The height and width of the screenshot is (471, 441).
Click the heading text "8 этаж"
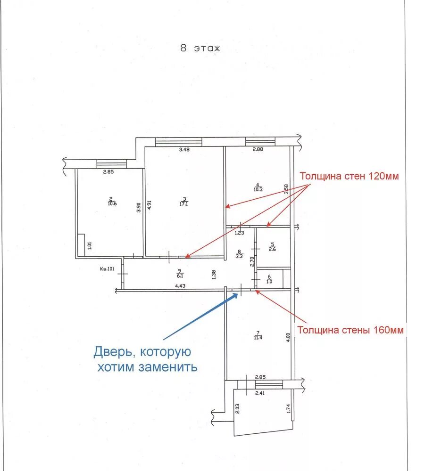[x=200, y=49]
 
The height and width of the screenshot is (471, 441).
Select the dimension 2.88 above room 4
[x=257, y=150]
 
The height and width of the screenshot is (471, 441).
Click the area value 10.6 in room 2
[x=112, y=203]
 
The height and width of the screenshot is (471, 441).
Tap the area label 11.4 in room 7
[x=258, y=337]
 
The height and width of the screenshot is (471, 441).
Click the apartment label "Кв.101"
[x=108, y=269]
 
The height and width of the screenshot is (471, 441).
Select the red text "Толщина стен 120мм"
[x=349, y=177]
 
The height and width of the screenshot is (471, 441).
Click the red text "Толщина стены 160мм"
[x=350, y=330]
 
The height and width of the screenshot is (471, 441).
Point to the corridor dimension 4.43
[x=179, y=285]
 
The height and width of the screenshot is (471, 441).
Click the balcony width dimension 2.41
[x=259, y=394]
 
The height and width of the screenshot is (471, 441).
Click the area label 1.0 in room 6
[x=269, y=282]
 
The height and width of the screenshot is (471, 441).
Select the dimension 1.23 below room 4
[x=240, y=233]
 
